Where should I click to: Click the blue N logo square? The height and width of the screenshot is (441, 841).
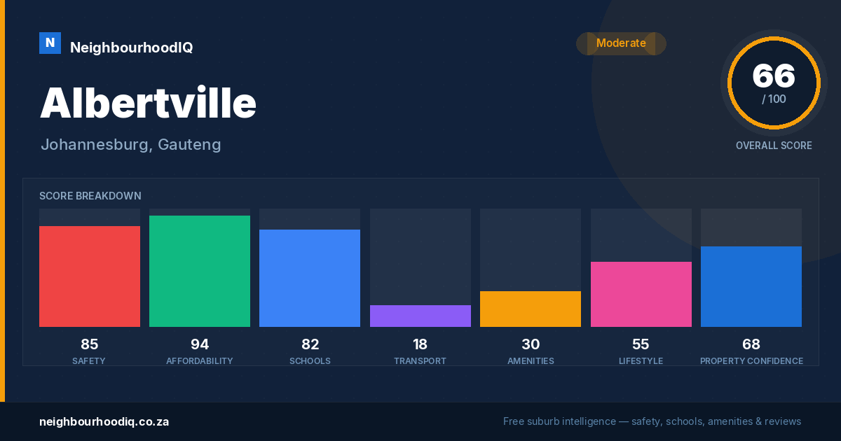[50, 43]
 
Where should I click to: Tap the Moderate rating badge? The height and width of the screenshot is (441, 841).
[621, 43]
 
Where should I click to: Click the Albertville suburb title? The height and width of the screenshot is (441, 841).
[149, 103]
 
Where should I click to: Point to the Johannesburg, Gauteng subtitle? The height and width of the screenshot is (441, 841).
[131, 145]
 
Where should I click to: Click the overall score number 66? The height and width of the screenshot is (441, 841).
[774, 76]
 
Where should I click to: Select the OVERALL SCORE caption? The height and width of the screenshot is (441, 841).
[774, 146]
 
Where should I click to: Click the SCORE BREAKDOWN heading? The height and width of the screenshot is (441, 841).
[90, 196]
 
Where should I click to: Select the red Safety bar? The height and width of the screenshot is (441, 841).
[90, 276]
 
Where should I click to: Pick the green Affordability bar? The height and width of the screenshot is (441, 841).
[200, 271]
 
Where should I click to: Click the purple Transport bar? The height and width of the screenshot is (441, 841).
[420, 316]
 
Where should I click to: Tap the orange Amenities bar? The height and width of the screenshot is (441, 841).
[531, 309]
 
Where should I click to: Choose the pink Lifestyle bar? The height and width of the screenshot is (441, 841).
[641, 295]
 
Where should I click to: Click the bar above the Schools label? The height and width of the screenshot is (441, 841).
[310, 279]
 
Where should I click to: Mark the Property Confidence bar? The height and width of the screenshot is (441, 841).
[751, 286]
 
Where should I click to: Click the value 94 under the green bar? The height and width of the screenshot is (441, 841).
[200, 344]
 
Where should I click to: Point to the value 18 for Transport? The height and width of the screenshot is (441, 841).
[420, 344]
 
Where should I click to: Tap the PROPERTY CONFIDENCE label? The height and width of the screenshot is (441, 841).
[751, 361]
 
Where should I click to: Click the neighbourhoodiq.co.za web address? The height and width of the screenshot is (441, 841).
[104, 422]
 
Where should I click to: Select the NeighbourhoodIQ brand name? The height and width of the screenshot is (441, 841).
[132, 48]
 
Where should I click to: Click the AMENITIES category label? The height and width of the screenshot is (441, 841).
[531, 361]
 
